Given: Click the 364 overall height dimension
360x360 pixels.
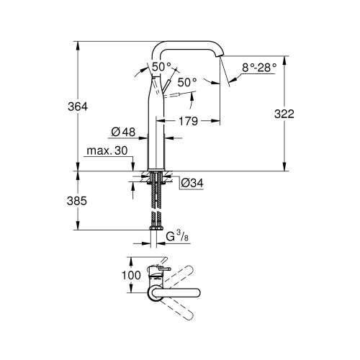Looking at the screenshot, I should (78, 106).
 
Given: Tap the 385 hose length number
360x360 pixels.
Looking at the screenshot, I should (78, 202).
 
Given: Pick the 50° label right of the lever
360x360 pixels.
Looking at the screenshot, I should (187, 83).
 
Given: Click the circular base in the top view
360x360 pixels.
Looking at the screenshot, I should (156, 292).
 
